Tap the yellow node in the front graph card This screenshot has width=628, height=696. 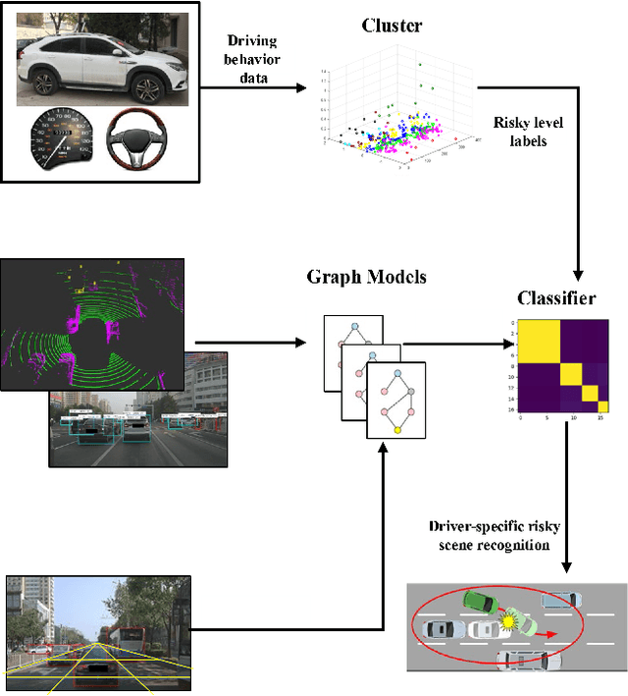pos(397,429)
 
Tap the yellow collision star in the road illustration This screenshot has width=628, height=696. pos(507,620)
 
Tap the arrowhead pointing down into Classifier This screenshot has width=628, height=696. pos(579,274)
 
